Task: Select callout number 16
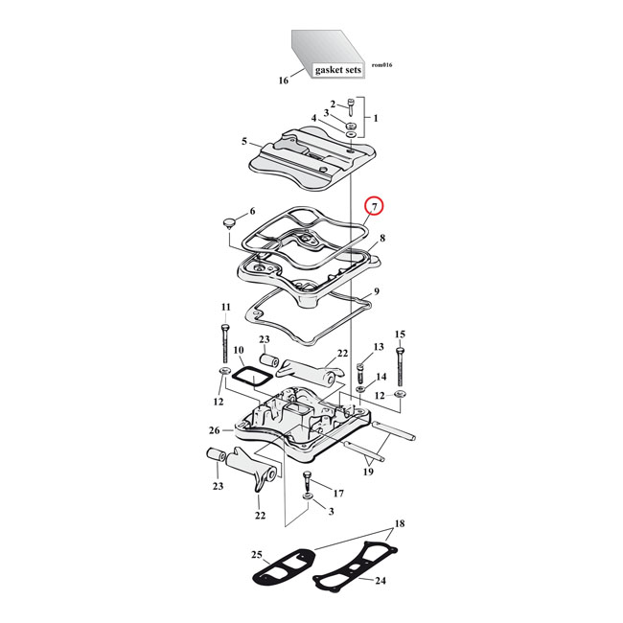pyautogui.click(x=283, y=81)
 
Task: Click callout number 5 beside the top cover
pyautogui.click(x=245, y=142)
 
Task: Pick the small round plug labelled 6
pyautogui.click(x=228, y=222)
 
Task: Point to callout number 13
pyautogui.click(x=379, y=346)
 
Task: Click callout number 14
pyautogui.click(x=380, y=378)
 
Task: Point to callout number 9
pyautogui.click(x=378, y=291)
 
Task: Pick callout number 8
pyautogui.click(x=382, y=238)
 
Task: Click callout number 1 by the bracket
pyautogui.click(x=376, y=118)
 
